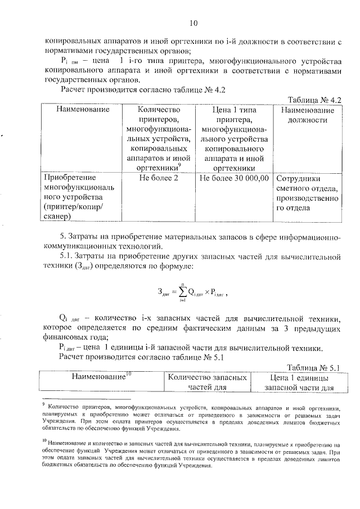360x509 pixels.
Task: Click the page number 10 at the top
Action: coord(193,23)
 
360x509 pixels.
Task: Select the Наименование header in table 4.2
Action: coord(82,110)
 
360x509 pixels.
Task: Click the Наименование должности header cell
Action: coord(307,115)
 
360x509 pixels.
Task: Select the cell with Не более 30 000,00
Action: coord(233,178)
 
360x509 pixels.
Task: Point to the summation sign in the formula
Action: coord(183,291)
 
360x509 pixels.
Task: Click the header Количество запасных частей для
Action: coord(191,382)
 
